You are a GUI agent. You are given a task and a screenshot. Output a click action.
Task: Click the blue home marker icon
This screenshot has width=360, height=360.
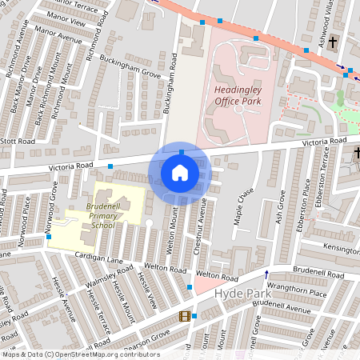tap(179, 172)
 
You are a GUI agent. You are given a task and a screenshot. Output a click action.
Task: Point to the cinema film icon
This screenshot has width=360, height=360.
tap(186, 317)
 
